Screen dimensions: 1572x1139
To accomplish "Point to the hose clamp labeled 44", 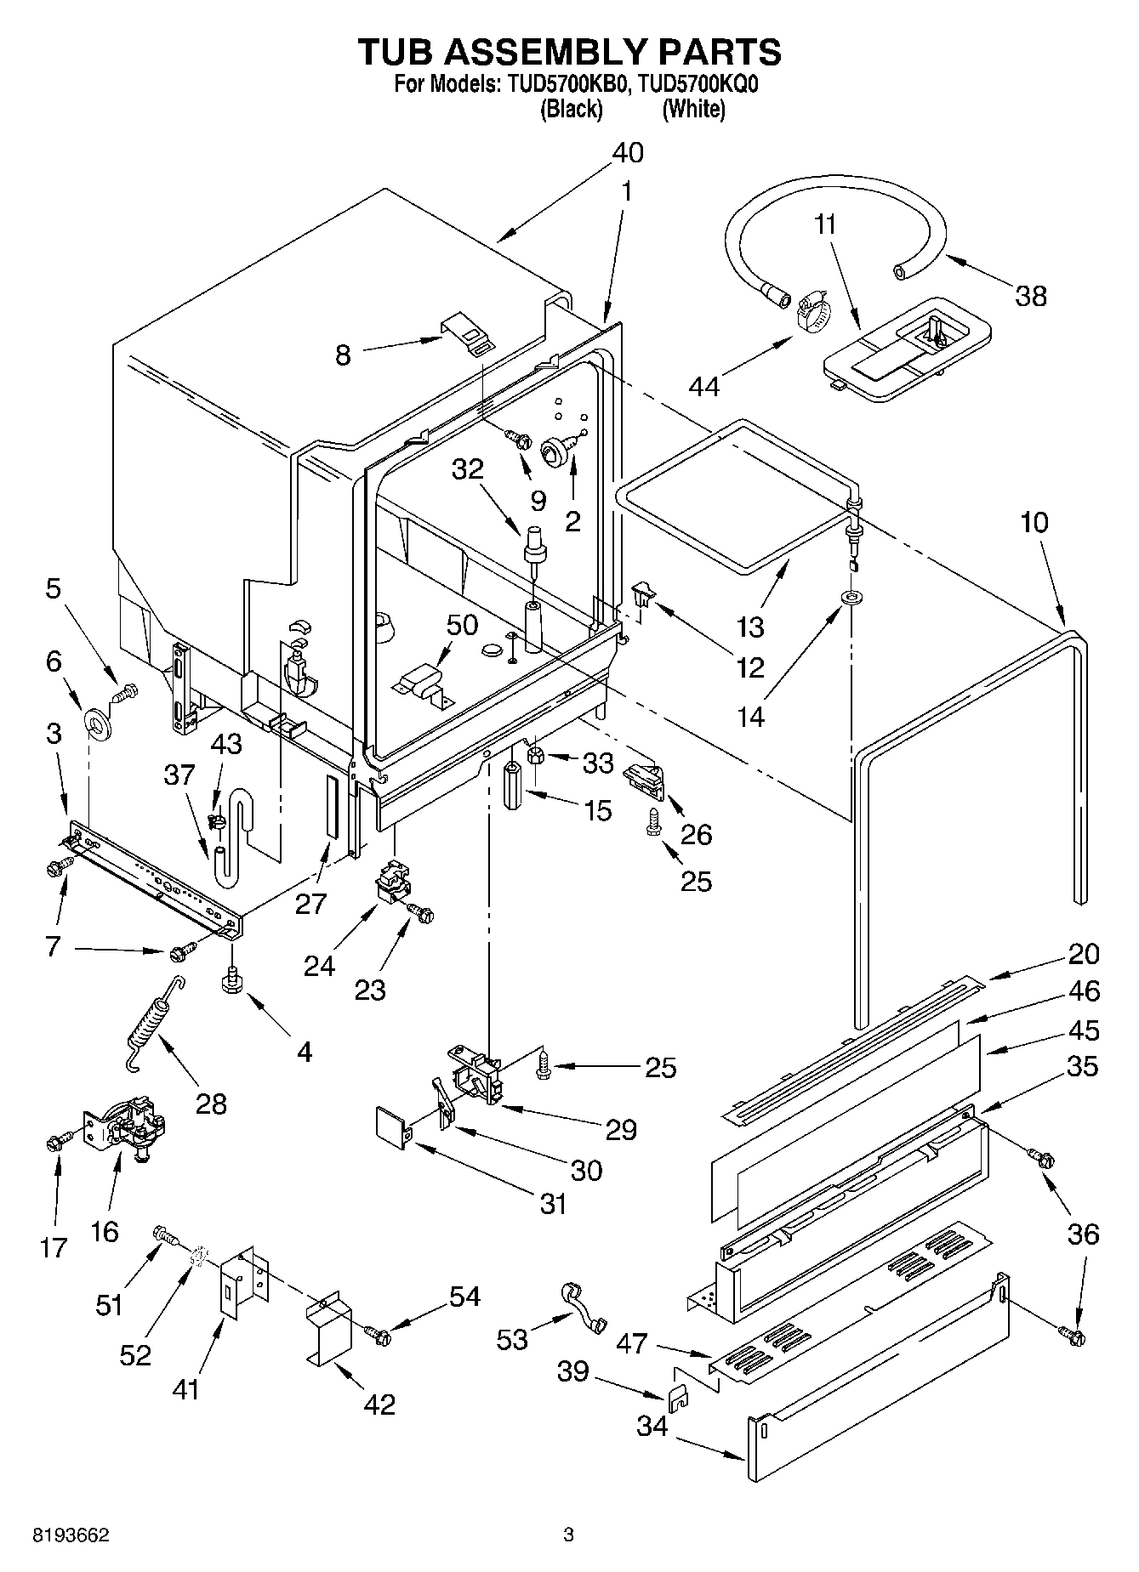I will coord(811,312).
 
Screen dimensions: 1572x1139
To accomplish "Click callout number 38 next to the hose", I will coord(1030,296).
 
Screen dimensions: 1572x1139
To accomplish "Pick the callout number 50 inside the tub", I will coord(461,625).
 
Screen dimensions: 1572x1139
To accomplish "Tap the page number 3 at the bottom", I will coord(568,1535).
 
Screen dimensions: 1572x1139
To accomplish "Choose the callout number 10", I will coord(1034,522).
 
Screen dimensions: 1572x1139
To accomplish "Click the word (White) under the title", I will coord(693,109).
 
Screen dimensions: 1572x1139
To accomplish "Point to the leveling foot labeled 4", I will coord(231,981).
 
